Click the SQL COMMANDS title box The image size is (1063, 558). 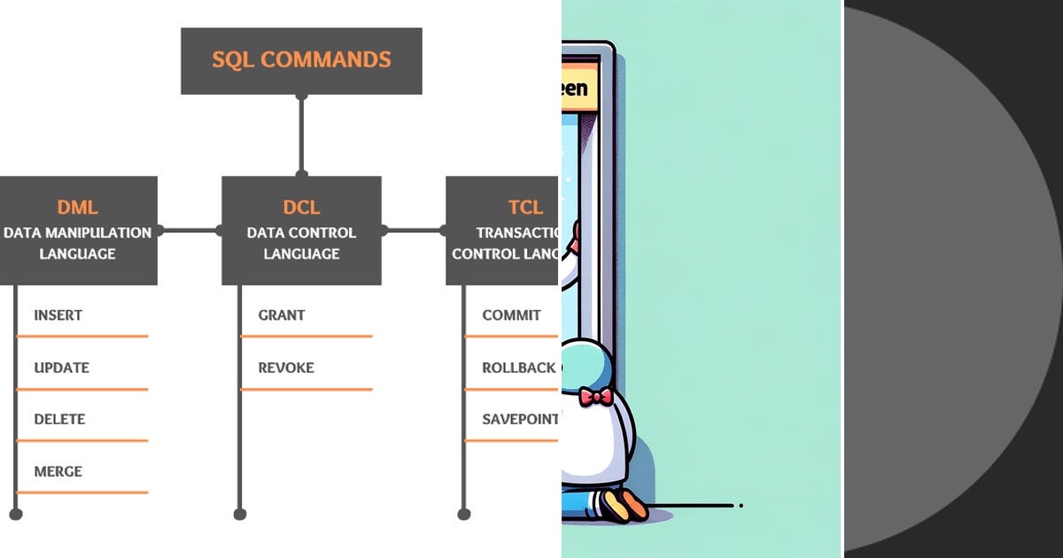(x=301, y=60)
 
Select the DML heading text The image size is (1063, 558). (x=77, y=207)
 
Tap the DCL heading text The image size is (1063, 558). (x=301, y=207)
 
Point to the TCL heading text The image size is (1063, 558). (x=525, y=207)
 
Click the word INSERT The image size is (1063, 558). (x=58, y=315)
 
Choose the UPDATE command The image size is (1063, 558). (x=61, y=368)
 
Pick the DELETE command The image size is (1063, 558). (x=59, y=419)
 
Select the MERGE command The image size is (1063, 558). (x=58, y=471)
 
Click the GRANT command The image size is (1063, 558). (x=282, y=315)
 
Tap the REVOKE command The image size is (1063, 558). (x=286, y=368)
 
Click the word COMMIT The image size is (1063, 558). (x=511, y=315)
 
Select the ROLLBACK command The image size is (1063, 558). (x=518, y=368)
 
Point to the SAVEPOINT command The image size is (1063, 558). (x=520, y=419)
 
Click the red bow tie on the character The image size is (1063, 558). (x=594, y=396)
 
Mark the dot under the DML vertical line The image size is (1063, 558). (x=15, y=513)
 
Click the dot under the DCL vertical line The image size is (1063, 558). (x=239, y=513)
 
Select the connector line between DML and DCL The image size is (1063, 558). (x=190, y=230)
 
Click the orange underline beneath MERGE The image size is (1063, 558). (x=81, y=492)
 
